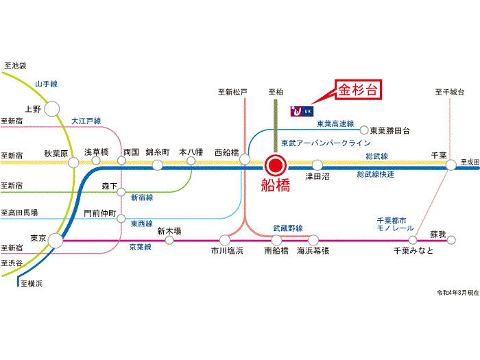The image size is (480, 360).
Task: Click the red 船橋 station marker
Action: [x=276, y=165]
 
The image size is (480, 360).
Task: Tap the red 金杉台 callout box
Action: [x=358, y=91]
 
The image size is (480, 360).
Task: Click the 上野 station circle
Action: [x=53, y=108]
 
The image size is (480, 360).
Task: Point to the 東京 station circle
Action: [x=55, y=240]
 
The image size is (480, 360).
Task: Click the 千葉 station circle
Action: [x=451, y=165]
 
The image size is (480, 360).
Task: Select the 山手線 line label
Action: [x=46, y=84]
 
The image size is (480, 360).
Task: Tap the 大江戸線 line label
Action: [x=86, y=121]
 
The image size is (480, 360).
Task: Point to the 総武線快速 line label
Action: [x=376, y=175]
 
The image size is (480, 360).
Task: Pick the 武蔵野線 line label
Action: [x=288, y=228]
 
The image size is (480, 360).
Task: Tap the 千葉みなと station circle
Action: [x=413, y=240]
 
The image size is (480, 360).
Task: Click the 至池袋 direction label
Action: [x=14, y=66]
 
